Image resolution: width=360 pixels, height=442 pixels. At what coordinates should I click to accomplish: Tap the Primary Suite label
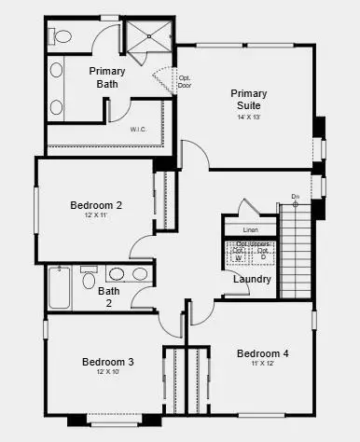[x=248, y=99]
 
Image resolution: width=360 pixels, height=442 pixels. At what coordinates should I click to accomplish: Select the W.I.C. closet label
[x=138, y=130]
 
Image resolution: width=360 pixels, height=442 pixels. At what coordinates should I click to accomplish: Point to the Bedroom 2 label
[x=96, y=205]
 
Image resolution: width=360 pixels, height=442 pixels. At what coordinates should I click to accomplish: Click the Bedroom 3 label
[x=107, y=362]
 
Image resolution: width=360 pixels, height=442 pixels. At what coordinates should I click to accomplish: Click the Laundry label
[x=253, y=279]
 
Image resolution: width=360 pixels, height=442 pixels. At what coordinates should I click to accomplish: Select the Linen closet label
[x=249, y=229]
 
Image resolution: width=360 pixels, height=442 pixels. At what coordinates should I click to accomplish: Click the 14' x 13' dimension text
[x=249, y=117]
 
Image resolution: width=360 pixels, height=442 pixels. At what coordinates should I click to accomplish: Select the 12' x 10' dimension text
[x=107, y=372]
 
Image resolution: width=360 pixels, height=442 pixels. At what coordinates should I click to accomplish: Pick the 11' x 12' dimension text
[x=262, y=364]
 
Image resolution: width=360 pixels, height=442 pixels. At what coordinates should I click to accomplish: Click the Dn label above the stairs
[x=295, y=197]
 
